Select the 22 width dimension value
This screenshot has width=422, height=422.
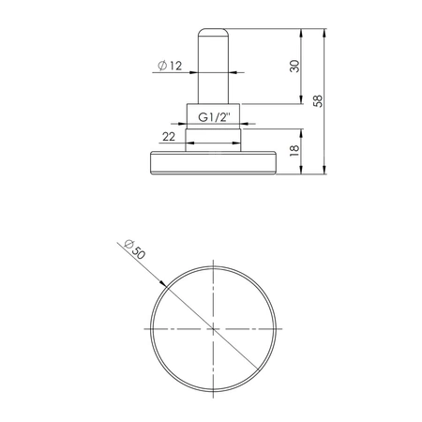click(x=170, y=138)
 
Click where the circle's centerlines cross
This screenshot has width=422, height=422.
click(x=214, y=329)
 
